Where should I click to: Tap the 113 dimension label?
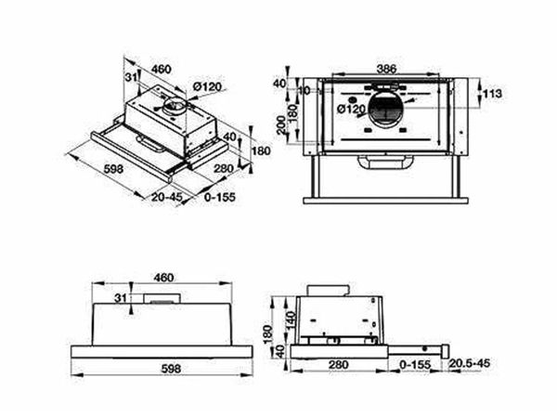[494, 93]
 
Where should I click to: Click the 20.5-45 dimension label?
[473, 364]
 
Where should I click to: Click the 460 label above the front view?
[164, 277]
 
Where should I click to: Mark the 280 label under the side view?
[338, 364]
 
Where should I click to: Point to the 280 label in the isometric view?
[223, 168]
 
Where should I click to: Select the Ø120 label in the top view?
[352, 110]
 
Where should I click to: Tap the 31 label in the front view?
[119, 297]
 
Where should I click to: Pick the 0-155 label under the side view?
[415, 364]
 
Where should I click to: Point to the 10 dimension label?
[304, 90]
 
